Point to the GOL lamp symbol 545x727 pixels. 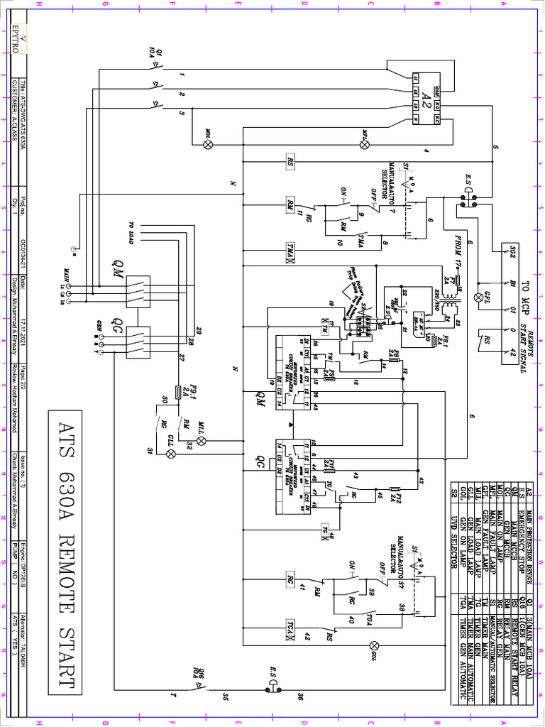coord(374,645)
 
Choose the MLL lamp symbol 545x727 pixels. coord(201,441)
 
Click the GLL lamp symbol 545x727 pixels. coord(170,453)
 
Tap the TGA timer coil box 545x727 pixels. coord(291,626)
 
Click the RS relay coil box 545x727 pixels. coord(291,162)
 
